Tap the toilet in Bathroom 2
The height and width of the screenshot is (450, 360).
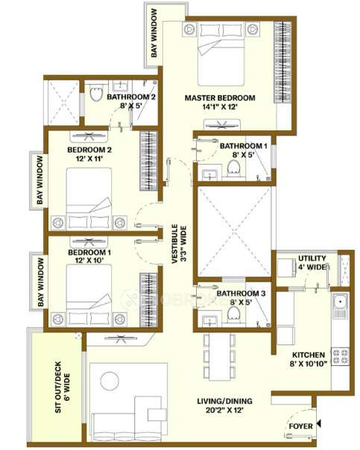[96, 95]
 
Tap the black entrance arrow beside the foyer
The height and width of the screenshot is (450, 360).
[319, 424]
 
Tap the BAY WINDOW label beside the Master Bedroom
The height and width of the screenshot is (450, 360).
[154, 34]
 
